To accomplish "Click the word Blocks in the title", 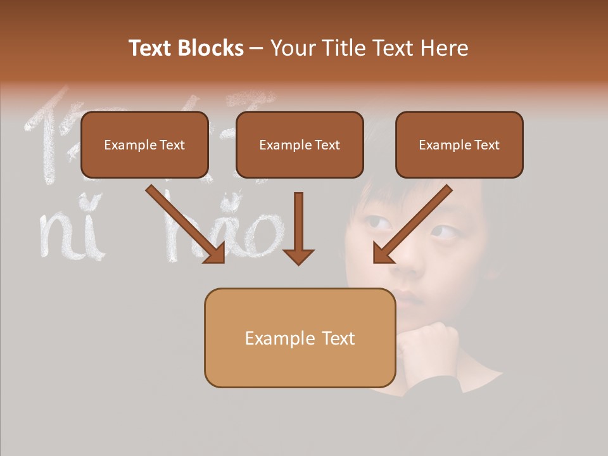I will (x=212, y=48).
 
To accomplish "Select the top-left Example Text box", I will (x=144, y=145).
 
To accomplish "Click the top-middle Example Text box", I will (x=300, y=145).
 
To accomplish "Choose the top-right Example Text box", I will (x=459, y=145).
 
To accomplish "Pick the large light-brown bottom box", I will (x=300, y=338).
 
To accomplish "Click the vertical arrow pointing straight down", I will (x=298, y=228).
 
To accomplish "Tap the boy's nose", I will (x=405, y=266).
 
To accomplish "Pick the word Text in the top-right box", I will (x=486, y=145).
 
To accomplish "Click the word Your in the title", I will (x=293, y=48).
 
